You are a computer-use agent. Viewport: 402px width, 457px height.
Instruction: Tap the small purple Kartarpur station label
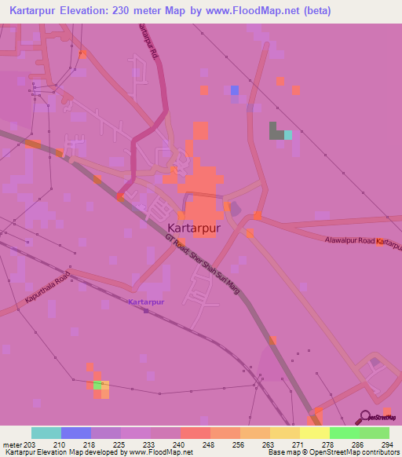point(145,302)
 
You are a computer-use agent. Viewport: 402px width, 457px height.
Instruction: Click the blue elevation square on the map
point(235,91)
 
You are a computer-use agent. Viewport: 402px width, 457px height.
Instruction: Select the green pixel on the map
point(98,385)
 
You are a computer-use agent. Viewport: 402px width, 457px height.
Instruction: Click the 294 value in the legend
point(387,444)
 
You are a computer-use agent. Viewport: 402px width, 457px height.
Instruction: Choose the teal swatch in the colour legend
point(46,433)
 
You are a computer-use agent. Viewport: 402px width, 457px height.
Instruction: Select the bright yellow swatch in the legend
point(314,433)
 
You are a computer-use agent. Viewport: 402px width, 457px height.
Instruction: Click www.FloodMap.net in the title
point(264,11)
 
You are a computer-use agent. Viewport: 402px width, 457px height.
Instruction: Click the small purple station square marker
point(146,310)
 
